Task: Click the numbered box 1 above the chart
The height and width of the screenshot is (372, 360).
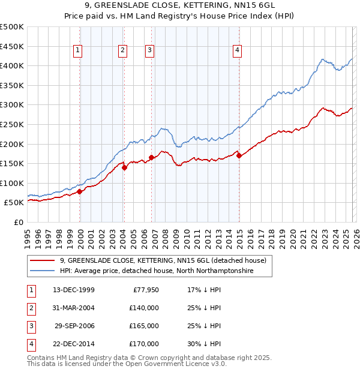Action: [79, 51]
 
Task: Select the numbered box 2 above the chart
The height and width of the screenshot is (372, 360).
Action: [122, 51]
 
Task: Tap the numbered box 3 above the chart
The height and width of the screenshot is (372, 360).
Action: [149, 51]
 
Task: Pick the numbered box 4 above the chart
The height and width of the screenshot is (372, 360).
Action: [238, 51]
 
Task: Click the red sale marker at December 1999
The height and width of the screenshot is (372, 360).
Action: [80, 192]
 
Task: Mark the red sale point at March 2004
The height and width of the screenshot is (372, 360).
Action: [125, 167]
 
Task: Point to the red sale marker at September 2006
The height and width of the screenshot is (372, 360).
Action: [151, 158]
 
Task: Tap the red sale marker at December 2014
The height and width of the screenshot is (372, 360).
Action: [239, 156]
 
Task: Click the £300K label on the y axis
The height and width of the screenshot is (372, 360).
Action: [12, 105]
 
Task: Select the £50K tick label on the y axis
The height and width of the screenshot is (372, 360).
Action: [14, 203]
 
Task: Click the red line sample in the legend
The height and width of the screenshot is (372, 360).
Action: [42, 260]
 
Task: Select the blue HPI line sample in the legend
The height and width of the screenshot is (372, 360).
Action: [42, 271]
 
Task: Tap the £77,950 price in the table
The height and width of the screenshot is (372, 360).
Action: [144, 290]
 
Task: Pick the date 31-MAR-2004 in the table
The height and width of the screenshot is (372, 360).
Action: [74, 308]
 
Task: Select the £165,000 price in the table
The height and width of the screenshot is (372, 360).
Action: [144, 326]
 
